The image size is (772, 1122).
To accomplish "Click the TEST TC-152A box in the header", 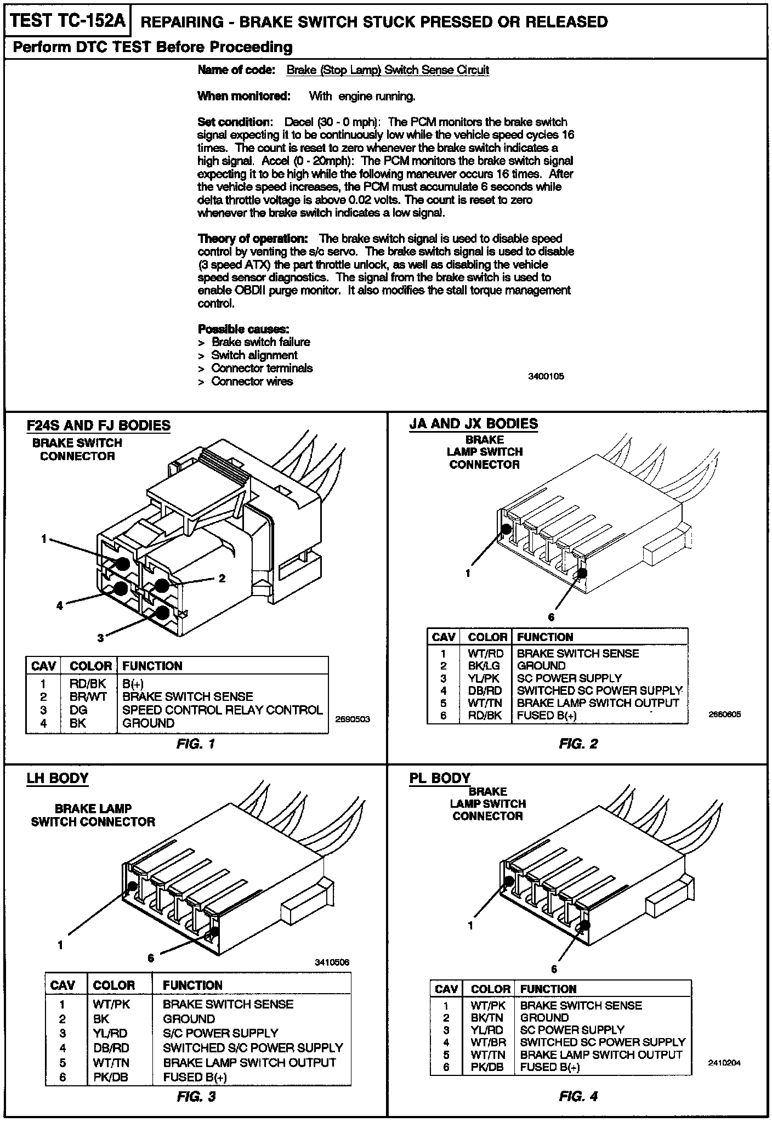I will coord(68,21).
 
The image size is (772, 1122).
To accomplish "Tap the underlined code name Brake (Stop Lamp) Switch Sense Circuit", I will coord(388,70).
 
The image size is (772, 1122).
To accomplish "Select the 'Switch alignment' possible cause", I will coord(254,355).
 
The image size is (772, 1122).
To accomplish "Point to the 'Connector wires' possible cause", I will coord(252,382).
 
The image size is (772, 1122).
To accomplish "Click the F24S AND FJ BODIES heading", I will coord(98,426).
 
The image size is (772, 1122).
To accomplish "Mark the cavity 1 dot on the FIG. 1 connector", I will coord(122,564).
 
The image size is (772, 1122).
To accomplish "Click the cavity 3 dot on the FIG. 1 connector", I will coord(162,613).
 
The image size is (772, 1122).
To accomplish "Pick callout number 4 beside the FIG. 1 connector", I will coord(60,606).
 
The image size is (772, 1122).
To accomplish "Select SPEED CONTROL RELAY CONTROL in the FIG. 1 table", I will coord(222,710).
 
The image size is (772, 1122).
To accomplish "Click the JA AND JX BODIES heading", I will coord(473,424).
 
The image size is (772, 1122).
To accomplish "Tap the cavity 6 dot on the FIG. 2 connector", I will coord(582,574).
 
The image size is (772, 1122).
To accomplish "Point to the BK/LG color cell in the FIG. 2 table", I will coord(485,666).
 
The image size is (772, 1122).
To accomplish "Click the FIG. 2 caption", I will coord(578,744).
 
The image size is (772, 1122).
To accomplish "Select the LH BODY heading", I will coord(57,779).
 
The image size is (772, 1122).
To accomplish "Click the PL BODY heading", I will coord(440,779).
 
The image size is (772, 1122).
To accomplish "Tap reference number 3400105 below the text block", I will coord(546,377).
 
